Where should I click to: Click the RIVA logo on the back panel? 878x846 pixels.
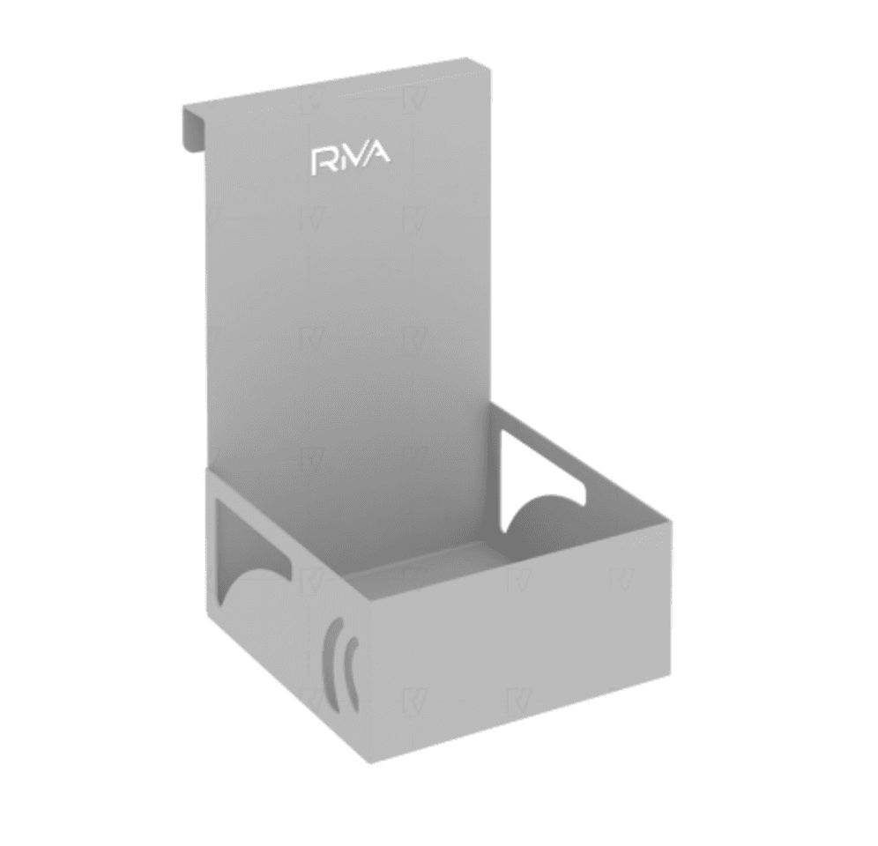point(351,158)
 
